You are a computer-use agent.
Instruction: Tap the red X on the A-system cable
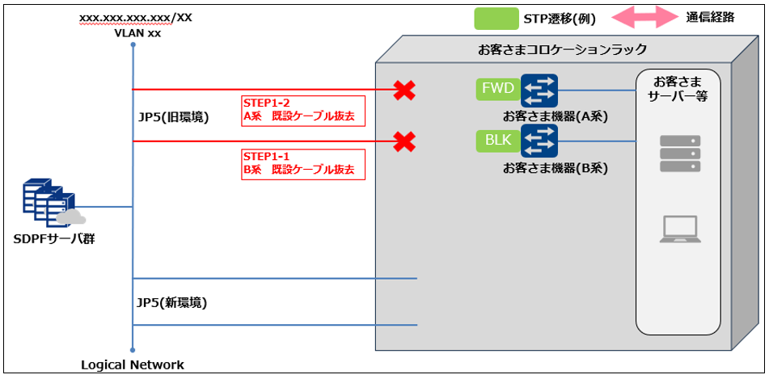click(x=404, y=90)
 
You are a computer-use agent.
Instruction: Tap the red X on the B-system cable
click(x=404, y=142)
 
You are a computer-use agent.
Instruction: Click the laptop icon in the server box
click(x=678, y=230)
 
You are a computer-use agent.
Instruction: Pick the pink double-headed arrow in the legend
click(x=642, y=18)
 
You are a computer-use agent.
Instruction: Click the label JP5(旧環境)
click(x=174, y=117)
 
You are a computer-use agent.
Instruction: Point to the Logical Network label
click(x=133, y=364)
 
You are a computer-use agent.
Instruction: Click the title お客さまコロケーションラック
click(x=562, y=49)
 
